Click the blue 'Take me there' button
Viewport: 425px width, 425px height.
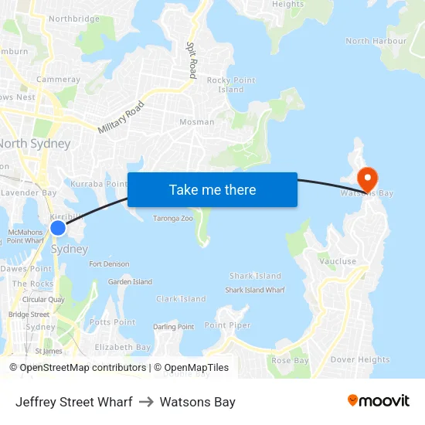[x=212, y=189]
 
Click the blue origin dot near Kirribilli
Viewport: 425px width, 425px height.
[x=58, y=228]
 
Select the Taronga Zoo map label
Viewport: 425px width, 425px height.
[x=172, y=219]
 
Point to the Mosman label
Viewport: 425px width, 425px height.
[x=196, y=122]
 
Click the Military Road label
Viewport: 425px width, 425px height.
[x=121, y=117]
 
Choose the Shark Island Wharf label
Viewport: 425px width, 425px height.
[x=254, y=290]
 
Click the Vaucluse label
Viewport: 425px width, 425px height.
[x=338, y=261]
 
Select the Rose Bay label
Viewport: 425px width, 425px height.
[x=290, y=360]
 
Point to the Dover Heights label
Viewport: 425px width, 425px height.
[x=359, y=359]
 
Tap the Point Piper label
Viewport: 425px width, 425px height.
[x=228, y=325]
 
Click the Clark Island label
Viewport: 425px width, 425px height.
[x=181, y=299]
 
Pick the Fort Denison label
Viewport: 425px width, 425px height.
[x=109, y=264]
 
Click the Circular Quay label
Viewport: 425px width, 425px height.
[x=43, y=299]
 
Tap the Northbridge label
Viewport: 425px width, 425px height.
[x=73, y=19]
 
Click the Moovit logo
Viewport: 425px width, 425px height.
[x=378, y=401]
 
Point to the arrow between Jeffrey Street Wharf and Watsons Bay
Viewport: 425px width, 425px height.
[x=146, y=402]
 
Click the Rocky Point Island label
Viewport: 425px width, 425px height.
[x=230, y=85]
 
